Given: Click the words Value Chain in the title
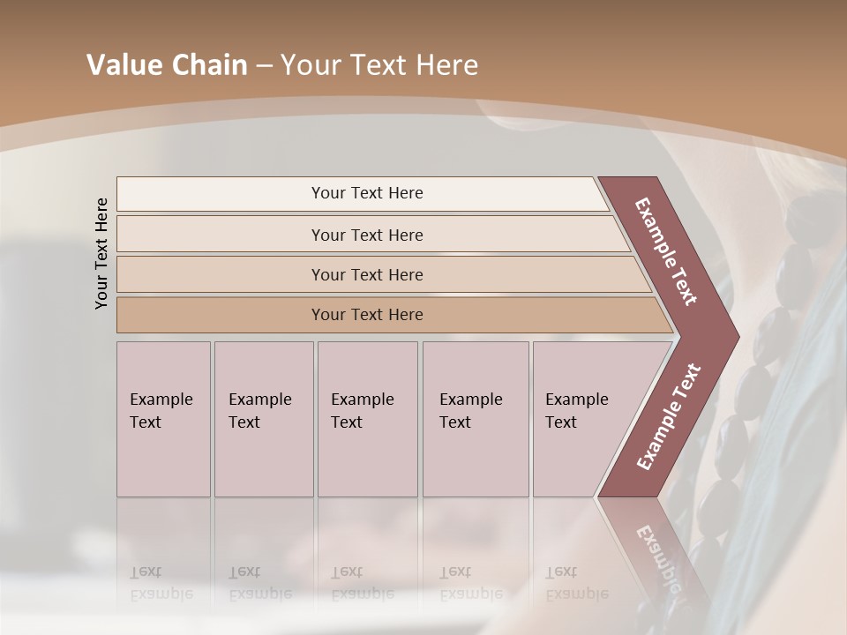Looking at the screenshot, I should pyautogui.click(x=167, y=65).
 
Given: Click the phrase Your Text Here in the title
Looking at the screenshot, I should pyautogui.click(x=379, y=65).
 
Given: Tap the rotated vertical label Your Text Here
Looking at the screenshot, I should pyautogui.click(x=101, y=253).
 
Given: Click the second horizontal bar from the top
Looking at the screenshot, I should pyautogui.click(x=366, y=235).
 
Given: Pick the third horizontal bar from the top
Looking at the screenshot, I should pyautogui.click(x=366, y=274).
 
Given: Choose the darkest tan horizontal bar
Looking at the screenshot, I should pyautogui.click(x=366, y=315).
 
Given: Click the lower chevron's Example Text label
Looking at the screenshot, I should pyautogui.click(x=668, y=417).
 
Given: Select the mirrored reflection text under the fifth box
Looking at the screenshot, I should pyautogui.click(x=576, y=583).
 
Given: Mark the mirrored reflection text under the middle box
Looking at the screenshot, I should pyautogui.click(x=362, y=583).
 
